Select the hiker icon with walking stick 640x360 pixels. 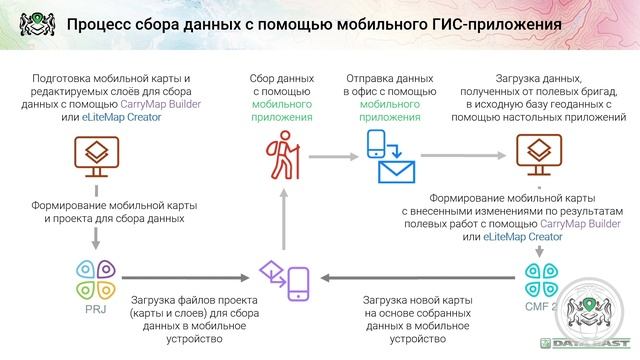pyautogui.click(x=282, y=154)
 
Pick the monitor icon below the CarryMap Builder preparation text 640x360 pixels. pyautogui.click(x=97, y=155)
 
